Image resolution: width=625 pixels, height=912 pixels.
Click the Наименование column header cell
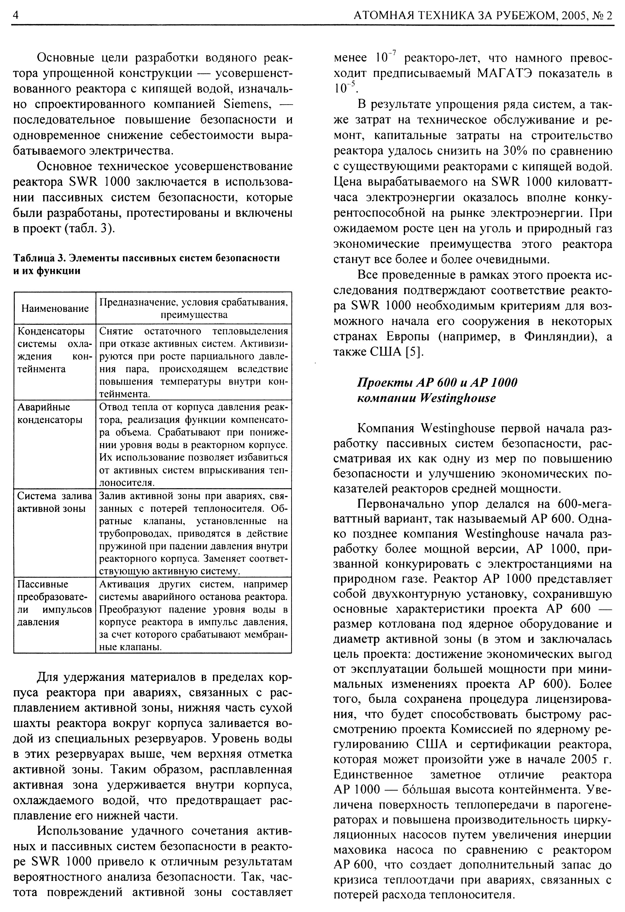point(55,308)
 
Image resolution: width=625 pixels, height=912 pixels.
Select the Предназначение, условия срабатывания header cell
point(194,308)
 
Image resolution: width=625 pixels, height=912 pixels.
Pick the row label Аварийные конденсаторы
point(50,413)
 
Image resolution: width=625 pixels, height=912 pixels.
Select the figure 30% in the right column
point(514,151)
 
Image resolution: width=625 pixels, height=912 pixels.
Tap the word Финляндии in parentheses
point(555,337)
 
